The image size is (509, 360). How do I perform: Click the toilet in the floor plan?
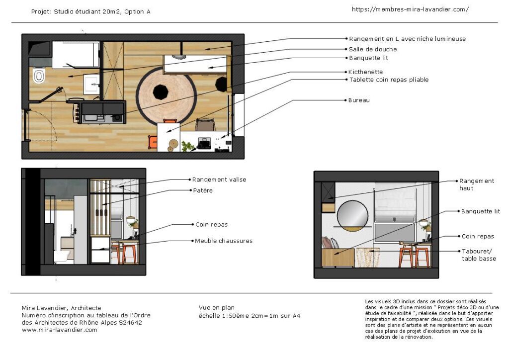[x=39, y=76]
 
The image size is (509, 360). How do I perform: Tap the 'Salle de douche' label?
[x=373, y=49]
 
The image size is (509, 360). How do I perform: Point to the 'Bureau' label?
[x=359, y=100]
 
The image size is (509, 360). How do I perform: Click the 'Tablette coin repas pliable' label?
[x=389, y=80]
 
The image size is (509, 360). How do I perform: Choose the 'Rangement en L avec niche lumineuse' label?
[x=407, y=39]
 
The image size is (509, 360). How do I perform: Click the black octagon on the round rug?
[x=161, y=91]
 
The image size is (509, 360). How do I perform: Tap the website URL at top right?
[x=410, y=9]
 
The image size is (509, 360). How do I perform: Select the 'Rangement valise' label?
[x=219, y=180]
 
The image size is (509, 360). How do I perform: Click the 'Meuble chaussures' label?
[x=223, y=241]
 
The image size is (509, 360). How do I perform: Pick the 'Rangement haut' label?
[x=477, y=184]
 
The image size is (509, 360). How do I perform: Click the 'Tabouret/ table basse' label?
[x=479, y=255]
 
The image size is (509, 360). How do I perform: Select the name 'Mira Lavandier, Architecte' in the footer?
[x=62, y=308]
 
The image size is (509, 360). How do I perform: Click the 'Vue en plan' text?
[x=217, y=308]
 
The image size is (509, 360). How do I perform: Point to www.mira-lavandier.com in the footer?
[x=60, y=330]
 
